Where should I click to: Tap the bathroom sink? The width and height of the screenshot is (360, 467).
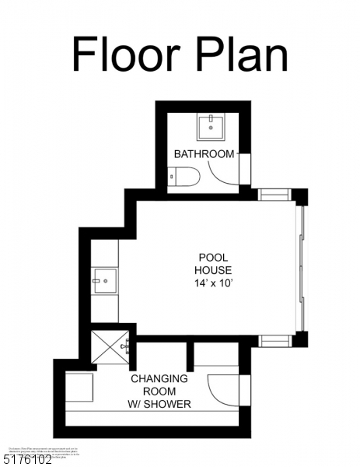211,127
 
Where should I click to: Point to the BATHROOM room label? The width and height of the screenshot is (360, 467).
204,153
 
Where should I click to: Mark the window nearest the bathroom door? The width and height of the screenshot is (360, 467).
274,194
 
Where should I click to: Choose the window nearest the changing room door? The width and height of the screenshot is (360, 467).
274,340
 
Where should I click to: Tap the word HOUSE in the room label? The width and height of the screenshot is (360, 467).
211,270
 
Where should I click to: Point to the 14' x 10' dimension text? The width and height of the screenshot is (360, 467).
211,283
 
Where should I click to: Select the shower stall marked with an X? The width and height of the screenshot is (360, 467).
108,347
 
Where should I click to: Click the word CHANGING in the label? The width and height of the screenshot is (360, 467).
159,379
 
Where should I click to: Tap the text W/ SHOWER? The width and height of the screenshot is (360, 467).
159,404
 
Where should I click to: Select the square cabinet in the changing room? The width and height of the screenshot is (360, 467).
80,387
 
